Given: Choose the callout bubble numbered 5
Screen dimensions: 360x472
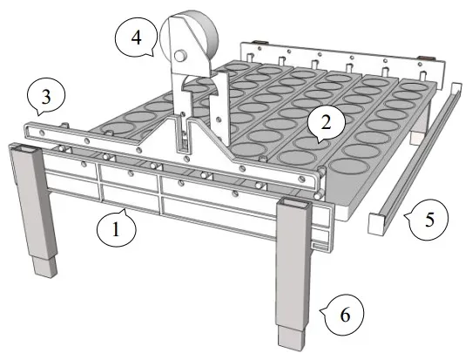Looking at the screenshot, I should tap(427, 220).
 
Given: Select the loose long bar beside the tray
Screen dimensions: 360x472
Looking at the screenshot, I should tap(418, 158).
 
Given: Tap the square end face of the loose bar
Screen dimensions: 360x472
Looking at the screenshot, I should tap(376, 225).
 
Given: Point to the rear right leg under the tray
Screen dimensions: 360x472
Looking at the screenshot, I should tap(418, 131).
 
